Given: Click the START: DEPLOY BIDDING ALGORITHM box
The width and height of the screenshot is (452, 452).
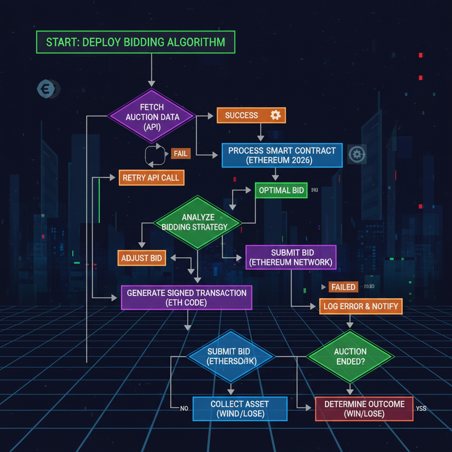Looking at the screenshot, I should (135, 42).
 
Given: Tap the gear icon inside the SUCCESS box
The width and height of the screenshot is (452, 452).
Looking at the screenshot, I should (275, 116).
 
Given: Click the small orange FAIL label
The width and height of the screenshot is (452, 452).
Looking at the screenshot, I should (181, 154).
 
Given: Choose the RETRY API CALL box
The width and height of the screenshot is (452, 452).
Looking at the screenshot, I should (151, 178).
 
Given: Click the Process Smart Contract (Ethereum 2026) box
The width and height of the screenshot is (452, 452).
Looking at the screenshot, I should (282, 155).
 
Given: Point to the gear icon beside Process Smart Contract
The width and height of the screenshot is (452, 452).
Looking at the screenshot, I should (357, 154).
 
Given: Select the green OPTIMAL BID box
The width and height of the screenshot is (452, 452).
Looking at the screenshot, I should (281, 190).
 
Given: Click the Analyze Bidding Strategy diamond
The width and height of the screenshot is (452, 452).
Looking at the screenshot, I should (197, 222).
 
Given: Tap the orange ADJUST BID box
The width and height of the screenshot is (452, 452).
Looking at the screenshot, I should (142, 258).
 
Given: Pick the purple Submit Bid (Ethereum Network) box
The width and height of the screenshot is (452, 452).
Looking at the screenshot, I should (290, 258).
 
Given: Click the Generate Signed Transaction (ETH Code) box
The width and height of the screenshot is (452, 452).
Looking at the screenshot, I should (186, 297).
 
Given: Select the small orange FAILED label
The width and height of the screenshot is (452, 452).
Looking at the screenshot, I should (343, 287).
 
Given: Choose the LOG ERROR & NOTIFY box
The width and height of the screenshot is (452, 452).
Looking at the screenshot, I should (361, 306).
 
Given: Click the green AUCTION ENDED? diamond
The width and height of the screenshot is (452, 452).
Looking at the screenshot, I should (350, 356).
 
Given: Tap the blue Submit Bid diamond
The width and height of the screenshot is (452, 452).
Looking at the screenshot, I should (229, 356).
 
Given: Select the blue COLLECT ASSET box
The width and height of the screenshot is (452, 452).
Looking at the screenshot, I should (240, 409).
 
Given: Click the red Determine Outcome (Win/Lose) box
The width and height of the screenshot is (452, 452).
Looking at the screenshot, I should (364, 409).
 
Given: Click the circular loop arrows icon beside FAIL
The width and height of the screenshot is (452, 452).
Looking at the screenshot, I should (154, 154).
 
